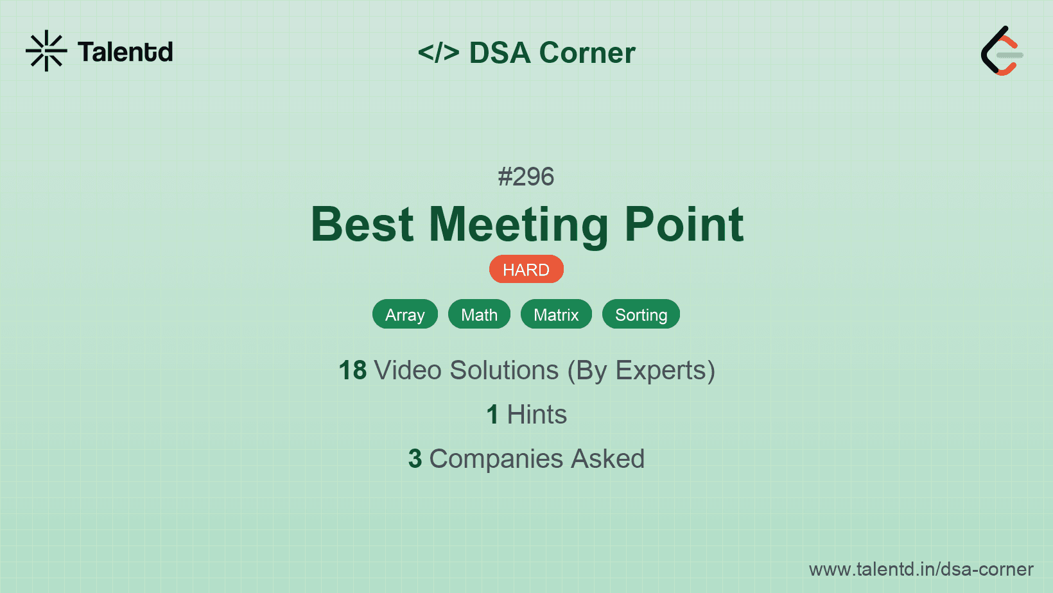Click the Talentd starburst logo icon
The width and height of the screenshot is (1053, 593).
(x=46, y=51)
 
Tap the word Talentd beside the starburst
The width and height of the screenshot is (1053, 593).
(x=125, y=52)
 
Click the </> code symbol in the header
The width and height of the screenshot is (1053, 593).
(x=438, y=53)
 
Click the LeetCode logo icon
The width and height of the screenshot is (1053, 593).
(x=1002, y=51)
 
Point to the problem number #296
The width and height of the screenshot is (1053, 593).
(x=526, y=176)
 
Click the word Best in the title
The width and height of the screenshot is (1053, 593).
(x=362, y=225)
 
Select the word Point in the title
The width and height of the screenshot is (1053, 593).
(x=684, y=225)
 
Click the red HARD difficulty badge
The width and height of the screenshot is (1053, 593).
(x=526, y=270)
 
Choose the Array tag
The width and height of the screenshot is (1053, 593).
(x=405, y=314)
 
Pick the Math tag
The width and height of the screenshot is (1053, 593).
(x=479, y=314)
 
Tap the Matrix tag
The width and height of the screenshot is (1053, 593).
(x=556, y=314)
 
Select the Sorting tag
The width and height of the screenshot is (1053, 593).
(x=641, y=314)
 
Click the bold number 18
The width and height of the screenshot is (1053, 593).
(x=352, y=370)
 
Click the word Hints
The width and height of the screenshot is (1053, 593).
(x=537, y=415)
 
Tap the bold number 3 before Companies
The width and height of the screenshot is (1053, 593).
(x=415, y=459)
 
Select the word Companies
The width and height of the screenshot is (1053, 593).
(x=496, y=460)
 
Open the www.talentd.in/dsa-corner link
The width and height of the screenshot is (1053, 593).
(x=921, y=569)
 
